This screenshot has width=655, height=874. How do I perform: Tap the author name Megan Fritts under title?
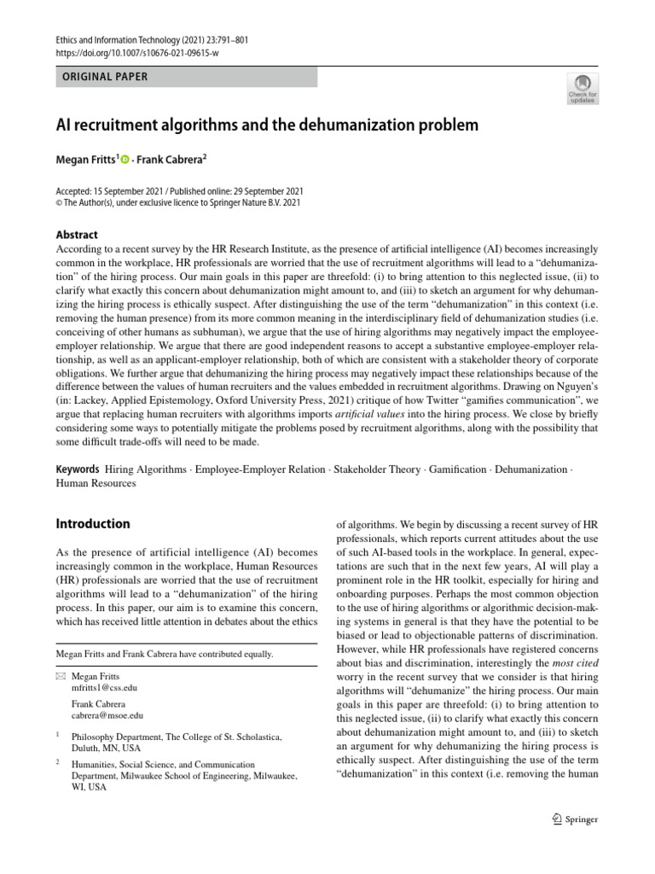(85, 160)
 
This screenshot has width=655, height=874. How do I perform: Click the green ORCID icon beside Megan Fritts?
(125, 160)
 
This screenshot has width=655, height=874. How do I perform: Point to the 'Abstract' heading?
(77, 235)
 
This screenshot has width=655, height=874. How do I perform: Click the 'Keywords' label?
(77, 469)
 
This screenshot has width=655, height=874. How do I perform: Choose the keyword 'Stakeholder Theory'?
(377, 469)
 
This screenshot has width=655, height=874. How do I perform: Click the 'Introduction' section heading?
(93, 523)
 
